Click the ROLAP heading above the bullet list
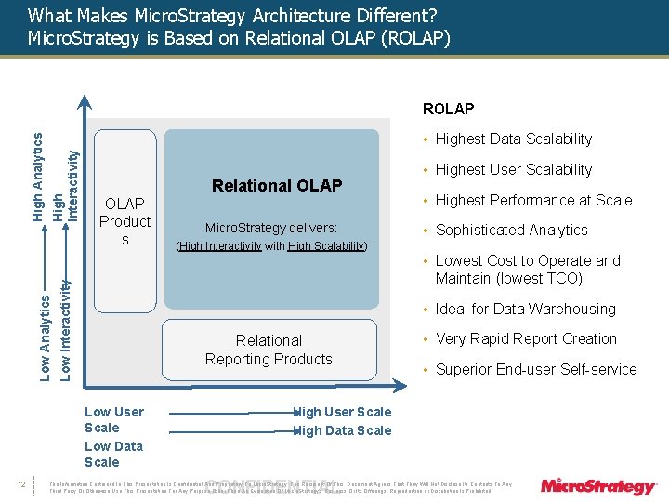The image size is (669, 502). click(448, 109)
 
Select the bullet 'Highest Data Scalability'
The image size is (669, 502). click(513, 139)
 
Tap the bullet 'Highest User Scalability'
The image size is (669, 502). click(513, 169)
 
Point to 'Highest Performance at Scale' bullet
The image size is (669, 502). click(533, 200)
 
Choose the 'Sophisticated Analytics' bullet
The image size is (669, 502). click(511, 230)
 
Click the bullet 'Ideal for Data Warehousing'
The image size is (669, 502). click(525, 309)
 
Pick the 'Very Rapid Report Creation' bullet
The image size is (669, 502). click(526, 339)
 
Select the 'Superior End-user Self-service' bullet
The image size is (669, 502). click(536, 369)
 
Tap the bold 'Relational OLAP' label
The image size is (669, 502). click(277, 186)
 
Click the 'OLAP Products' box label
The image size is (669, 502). click(125, 221)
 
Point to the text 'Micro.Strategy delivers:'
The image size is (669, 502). click(270, 228)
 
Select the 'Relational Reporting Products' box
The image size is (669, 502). click(269, 350)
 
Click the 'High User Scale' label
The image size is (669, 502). click(343, 412)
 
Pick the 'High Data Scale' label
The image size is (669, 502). click(343, 430)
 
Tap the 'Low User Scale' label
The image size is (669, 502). click(113, 419)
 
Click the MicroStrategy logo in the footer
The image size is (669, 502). click(597, 485)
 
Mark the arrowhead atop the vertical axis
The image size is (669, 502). click(84, 102)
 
